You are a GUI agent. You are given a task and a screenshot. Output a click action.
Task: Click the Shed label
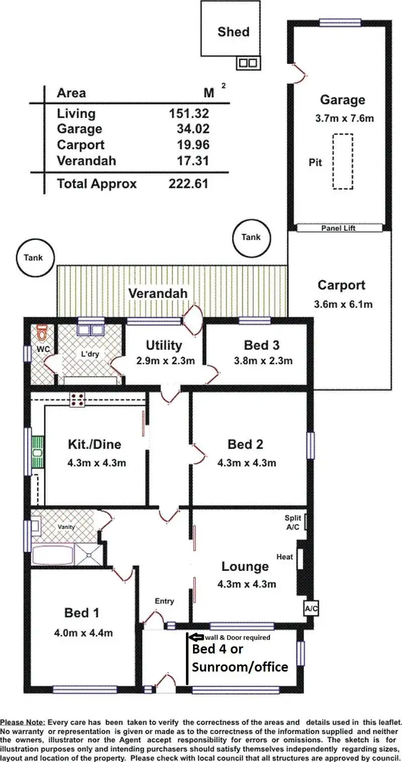(x=233, y=32)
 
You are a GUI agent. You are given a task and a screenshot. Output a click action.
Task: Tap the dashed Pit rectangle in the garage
(x=343, y=162)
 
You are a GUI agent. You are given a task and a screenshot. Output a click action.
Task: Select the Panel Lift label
(x=338, y=228)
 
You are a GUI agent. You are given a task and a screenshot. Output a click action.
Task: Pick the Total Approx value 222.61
(x=187, y=184)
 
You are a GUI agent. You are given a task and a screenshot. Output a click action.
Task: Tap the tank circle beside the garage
(x=252, y=237)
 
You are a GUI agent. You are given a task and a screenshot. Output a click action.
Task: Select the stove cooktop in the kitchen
(x=77, y=399)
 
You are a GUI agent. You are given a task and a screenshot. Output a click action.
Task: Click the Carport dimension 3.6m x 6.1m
(x=343, y=305)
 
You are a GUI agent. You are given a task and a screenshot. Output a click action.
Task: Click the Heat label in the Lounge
(x=285, y=557)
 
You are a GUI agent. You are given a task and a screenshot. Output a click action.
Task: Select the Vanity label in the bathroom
(x=66, y=527)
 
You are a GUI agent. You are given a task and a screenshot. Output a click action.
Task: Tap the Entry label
(x=164, y=601)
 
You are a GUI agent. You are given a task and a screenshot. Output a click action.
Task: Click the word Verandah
(x=158, y=294)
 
